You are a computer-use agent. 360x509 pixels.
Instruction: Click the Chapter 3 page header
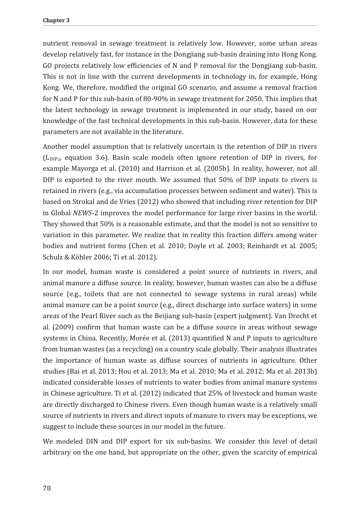pyautogui.click(x=56, y=21)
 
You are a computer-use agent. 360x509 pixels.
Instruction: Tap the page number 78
pyautogui.click(x=47, y=488)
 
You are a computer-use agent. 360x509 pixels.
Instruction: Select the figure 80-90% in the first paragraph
pyautogui.click(x=156, y=99)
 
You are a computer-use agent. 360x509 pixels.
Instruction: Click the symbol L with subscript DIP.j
pyautogui.click(x=51, y=158)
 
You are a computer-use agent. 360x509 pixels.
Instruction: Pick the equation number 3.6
pyautogui.click(x=101, y=158)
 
